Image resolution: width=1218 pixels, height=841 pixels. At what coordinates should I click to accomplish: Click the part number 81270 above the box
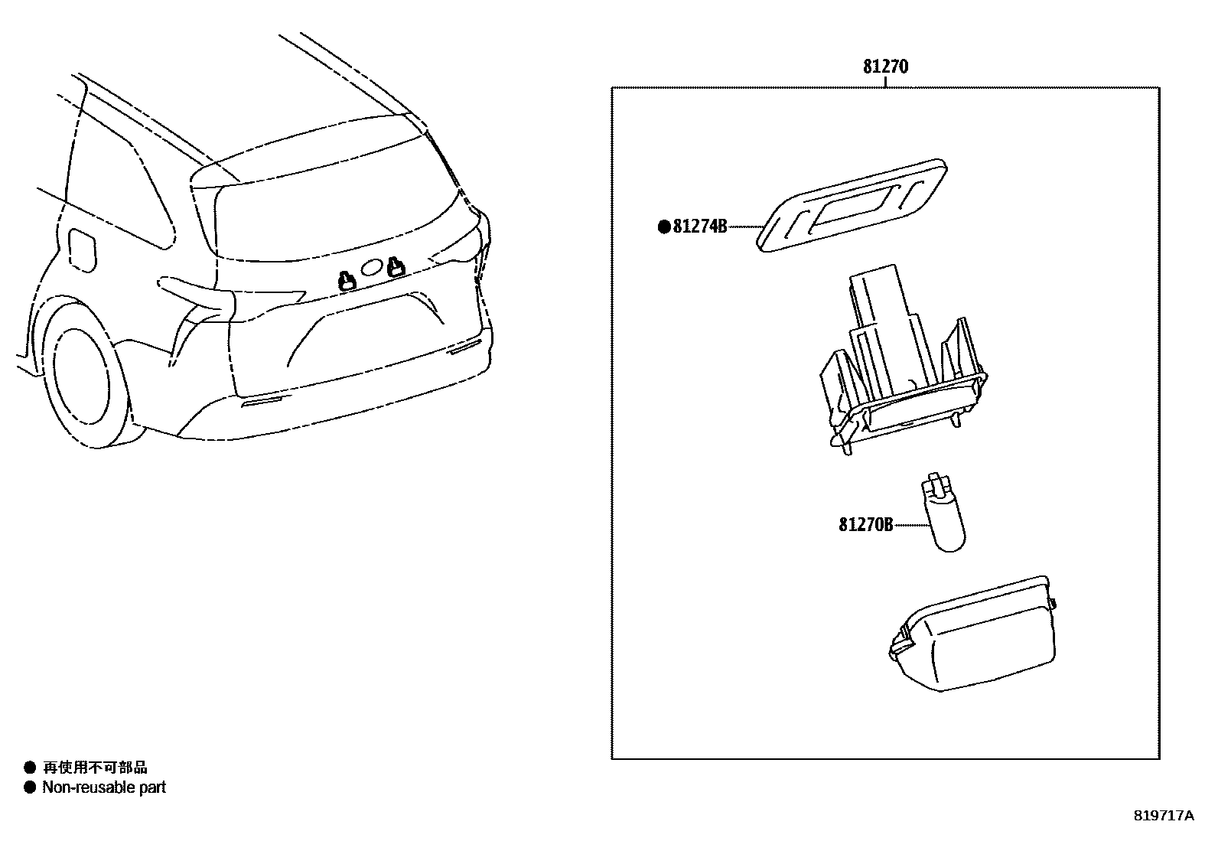(x=885, y=67)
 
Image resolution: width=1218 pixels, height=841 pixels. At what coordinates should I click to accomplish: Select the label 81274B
(x=699, y=227)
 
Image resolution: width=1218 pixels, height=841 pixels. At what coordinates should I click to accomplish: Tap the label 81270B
(x=865, y=525)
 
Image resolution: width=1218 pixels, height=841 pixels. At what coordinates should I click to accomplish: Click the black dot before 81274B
(x=664, y=227)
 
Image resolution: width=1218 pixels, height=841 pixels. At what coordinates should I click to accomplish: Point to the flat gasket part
(x=852, y=204)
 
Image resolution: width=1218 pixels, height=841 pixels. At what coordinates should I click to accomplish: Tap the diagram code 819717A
(x=1163, y=816)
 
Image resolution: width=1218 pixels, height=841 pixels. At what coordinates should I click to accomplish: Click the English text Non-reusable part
(x=104, y=787)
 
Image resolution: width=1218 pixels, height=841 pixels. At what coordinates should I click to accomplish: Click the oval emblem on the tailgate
(x=371, y=267)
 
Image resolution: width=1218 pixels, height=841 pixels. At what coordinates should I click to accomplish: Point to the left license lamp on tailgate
(x=347, y=281)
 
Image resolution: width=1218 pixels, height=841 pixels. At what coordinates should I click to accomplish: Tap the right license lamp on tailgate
(x=395, y=267)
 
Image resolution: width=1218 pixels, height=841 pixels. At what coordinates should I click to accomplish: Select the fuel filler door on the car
(x=82, y=248)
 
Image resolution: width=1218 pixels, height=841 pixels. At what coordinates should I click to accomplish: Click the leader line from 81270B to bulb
(x=910, y=525)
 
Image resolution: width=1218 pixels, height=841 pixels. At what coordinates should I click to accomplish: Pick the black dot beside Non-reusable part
(x=30, y=787)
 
